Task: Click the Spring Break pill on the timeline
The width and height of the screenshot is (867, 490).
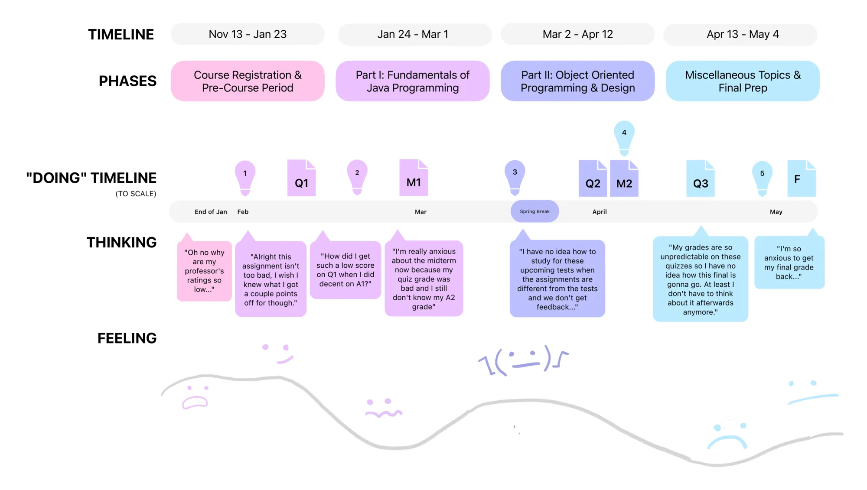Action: click(535, 211)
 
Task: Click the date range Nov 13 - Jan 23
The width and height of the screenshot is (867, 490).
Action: click(248, 34)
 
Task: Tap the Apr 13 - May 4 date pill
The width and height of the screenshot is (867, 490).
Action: click(742, 34)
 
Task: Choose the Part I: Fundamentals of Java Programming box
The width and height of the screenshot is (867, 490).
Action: click(412, 81)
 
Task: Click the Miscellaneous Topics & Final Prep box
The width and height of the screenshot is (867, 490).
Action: click(743, 81)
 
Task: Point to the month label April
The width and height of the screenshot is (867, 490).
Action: click(600, 212)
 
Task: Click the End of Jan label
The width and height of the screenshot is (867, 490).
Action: click(211, 212)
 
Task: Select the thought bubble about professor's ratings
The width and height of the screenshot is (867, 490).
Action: click(204, 271)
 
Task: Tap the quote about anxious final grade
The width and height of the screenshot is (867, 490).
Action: click(789, 263)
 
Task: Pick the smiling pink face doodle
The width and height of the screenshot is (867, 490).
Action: click(277, 353)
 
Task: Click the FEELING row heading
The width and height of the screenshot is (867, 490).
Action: click(127, 338)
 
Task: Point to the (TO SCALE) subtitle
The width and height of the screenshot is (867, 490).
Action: click(136, 194)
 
